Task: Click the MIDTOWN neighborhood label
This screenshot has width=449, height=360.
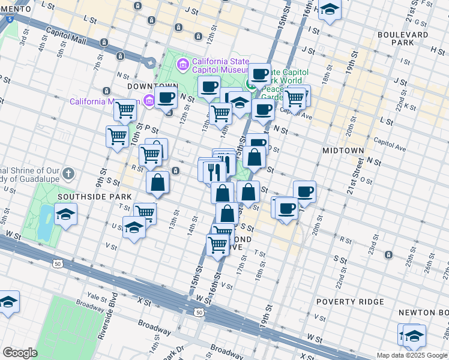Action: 343,149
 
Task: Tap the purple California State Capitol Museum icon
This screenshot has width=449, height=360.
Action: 182,63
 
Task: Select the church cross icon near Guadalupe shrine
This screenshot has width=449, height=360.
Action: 69,175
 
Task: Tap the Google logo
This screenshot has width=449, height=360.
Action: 20,353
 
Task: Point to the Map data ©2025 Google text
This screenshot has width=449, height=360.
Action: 412,355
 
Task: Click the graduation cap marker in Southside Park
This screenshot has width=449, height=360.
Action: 65,214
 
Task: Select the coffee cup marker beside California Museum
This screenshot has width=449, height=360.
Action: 166,98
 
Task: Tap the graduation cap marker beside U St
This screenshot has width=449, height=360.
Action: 133,227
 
